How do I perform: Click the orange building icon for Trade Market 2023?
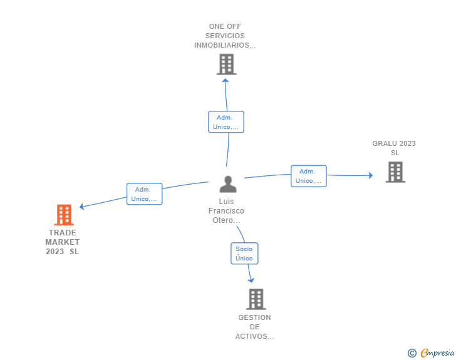click(63, 215)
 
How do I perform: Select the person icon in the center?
click(228, 184)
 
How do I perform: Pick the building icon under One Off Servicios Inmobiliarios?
click(225, 64)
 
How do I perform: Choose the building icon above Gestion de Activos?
click(256, 299)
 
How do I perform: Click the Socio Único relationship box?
click(244, 254)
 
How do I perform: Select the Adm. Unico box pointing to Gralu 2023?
click(308, 176)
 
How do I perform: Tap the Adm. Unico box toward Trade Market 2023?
click(144, 194)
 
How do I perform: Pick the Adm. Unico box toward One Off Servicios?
click(225, 122)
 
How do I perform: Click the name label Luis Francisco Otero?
click(226, 211)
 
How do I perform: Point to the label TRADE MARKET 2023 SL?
click(63, 242)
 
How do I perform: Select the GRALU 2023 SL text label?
click(394, 148)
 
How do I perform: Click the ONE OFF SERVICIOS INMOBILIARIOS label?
click(225, 36)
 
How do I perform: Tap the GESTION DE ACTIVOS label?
click(254, 327)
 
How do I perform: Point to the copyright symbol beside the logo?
click(412, 353)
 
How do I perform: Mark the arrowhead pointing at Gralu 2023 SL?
click(370, 176)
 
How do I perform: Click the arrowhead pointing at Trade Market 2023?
click(81, 207)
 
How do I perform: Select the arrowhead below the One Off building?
click(225, 80)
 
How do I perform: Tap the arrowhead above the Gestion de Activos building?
click(251, 279)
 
